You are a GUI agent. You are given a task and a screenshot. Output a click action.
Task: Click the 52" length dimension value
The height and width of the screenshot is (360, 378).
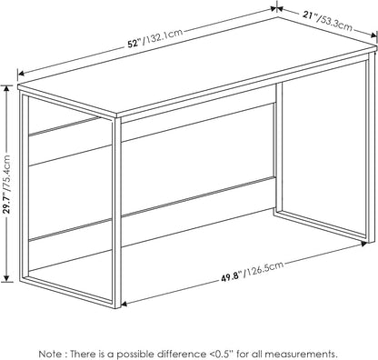pyautogui.click(x=134, y=44)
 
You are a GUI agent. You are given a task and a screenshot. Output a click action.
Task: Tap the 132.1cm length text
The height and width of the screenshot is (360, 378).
pyautogui.click(x=163, y=36)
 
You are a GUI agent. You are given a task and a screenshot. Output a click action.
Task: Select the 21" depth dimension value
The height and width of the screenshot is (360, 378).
pyautogui.click(x=309, y=15)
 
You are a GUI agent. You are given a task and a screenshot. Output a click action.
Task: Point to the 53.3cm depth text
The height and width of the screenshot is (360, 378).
pyautogui.click(x=335, y=23)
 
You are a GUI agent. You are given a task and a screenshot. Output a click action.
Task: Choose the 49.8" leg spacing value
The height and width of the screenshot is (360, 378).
pyautogui.click(x=233, y=277)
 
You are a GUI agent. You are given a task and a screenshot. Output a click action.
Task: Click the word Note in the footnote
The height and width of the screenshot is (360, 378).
pyautogui.click(x=49, y=354)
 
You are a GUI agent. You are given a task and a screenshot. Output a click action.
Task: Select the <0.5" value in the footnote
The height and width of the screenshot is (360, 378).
pyautogui.click(x=221, y=354)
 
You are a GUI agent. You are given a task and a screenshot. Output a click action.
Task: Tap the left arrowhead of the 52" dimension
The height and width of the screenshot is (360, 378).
pyautogui.click(x=21, y=73)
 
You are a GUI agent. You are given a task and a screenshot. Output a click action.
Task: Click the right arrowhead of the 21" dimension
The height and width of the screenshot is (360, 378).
pyautogui.click(x=373, y=35)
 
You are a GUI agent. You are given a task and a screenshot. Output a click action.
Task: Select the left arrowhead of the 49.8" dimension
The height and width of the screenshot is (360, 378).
pyautogui.click(x=124, y=304)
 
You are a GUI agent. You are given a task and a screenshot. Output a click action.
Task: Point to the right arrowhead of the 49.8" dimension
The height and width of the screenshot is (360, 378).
pyautogui.click(x=363, y=243)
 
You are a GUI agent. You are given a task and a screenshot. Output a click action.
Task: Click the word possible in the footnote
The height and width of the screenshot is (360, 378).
pyautogui.click(x=134, y=354)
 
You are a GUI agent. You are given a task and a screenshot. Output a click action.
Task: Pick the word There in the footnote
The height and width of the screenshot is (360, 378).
pyautogui.click(x=82, y=354)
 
